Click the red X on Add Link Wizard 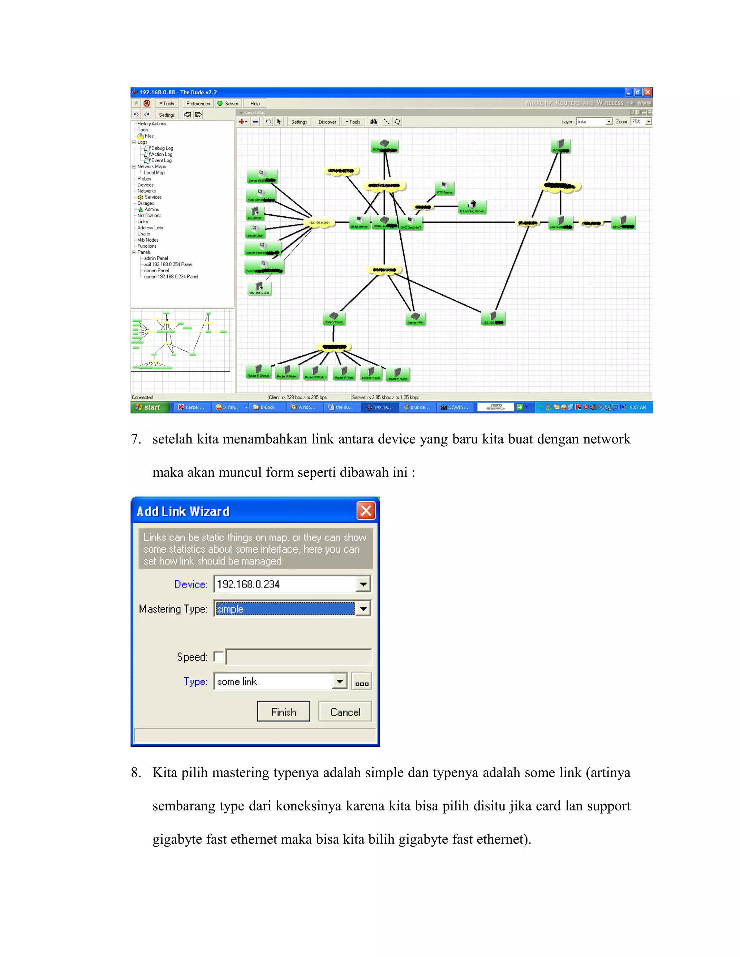tap(366, 511)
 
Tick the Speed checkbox tap(219, 657)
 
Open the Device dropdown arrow tap(363, 584)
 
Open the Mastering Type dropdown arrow tap(363, 609)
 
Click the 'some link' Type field tap(274, 681)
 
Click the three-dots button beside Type tap(361, 682)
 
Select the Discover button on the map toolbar tap(327, 122)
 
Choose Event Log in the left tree tap(161, 160)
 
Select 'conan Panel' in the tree tap(156, 271)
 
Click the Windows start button tap(149, 407)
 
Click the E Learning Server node tap(472, 206)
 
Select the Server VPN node tap(416, 318)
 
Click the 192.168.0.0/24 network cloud tap(319, 222)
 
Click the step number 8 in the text tap(136, 772)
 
